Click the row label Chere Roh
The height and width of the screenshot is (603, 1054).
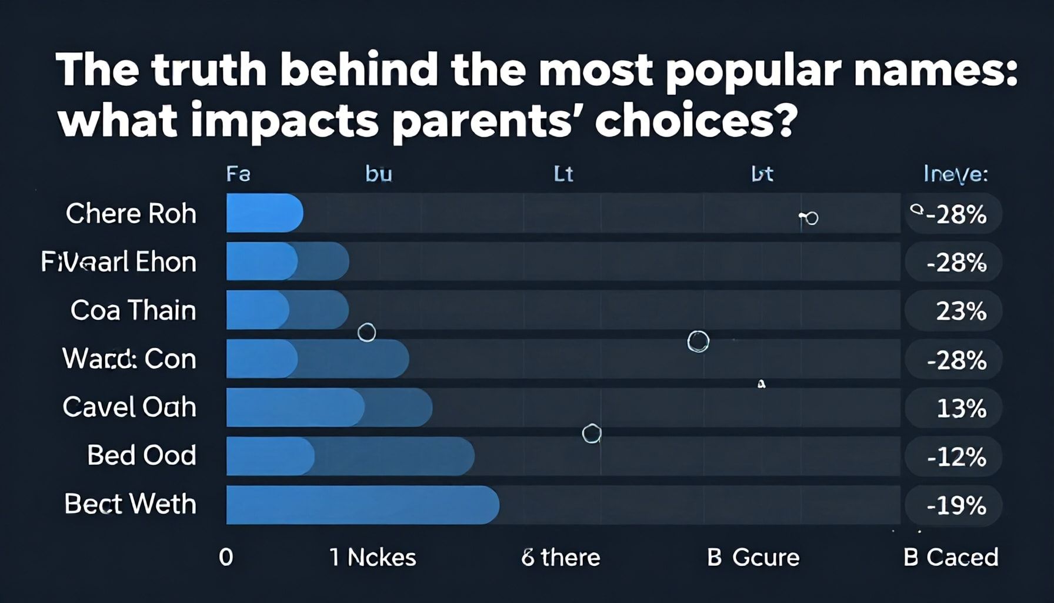click(x=131, y=214)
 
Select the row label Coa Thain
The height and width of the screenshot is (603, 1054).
click(x=133, y=310)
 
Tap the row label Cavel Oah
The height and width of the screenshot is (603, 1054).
click(x=129, y=407)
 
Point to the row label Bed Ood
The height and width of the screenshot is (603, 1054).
click(x=141, y=455)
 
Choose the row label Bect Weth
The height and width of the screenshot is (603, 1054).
click(x=130, y=504)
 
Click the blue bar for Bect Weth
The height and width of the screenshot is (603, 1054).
click(x=362, y=505)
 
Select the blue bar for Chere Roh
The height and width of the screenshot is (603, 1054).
click(x=264, y=213)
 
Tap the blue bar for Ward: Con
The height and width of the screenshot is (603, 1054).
click(x=316, y=359)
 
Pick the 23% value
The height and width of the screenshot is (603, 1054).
click(x=961, y=311)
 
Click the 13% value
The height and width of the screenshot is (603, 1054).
click(x=961, y=408)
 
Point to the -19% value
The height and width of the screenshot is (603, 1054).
click(x=956, y=505)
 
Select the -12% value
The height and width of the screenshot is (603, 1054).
click(x=956, y=457)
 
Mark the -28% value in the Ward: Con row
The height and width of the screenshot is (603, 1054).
click(x=956, y=360)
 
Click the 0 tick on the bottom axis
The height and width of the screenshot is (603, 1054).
click(x=226, y=557)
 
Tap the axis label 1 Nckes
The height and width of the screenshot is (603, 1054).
click(x=373, y=557)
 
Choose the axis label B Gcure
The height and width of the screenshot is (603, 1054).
click(x=753, y=557)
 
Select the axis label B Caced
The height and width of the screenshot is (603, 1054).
click(x=950, y=557)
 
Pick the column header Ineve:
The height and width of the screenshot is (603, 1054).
click(x=956, y=174)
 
